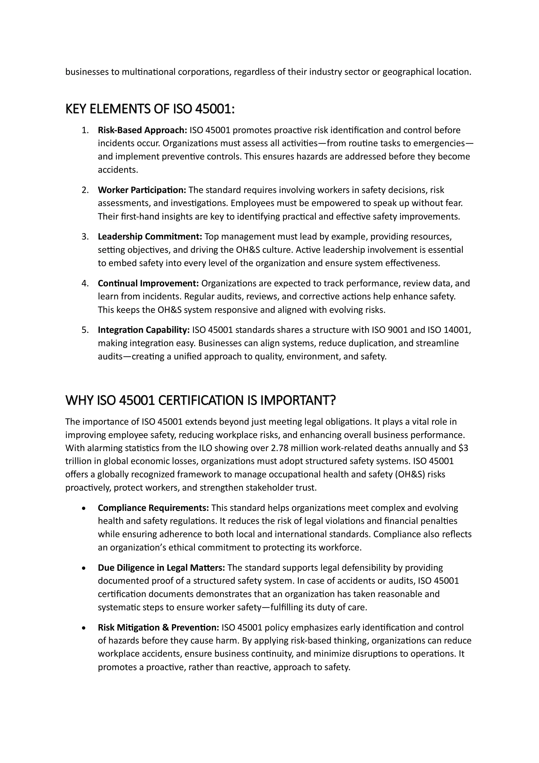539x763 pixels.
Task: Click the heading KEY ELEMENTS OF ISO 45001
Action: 150,109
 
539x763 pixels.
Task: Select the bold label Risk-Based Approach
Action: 142,130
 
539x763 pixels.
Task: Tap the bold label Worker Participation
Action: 142,190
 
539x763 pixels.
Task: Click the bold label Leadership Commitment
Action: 150,237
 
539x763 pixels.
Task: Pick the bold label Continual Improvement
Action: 148,283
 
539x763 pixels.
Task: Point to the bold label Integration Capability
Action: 143,330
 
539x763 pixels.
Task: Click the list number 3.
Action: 85,237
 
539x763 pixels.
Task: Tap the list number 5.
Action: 85,330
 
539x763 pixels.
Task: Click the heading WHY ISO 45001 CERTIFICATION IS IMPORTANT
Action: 201,400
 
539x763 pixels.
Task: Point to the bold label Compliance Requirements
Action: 153,508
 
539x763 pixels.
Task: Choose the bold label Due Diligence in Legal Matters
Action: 161,568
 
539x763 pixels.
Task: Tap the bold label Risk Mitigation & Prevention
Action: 158,627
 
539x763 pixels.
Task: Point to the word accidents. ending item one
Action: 118,170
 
